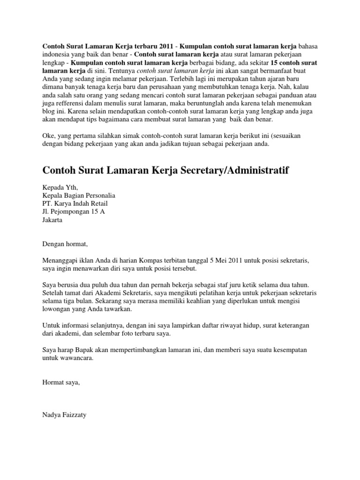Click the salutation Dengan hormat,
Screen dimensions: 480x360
point(65,244)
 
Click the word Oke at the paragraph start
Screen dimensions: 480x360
point(48,135)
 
